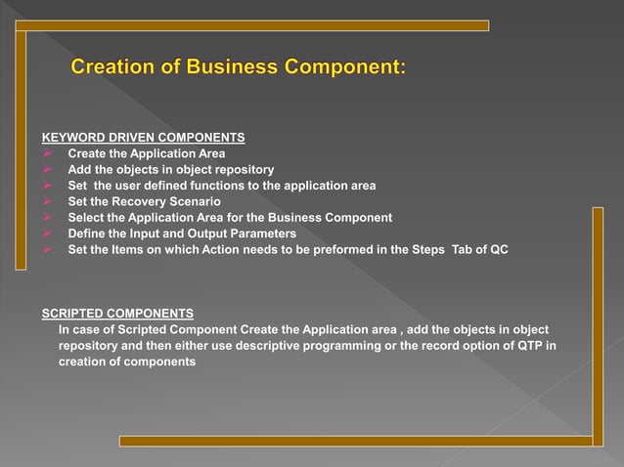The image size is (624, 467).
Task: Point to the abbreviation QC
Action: [498, 250]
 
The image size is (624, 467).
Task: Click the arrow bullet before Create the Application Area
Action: [47, 153]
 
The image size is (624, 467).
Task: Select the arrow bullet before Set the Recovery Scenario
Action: [47, 201]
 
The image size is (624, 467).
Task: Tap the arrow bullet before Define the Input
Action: [47, 233]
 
